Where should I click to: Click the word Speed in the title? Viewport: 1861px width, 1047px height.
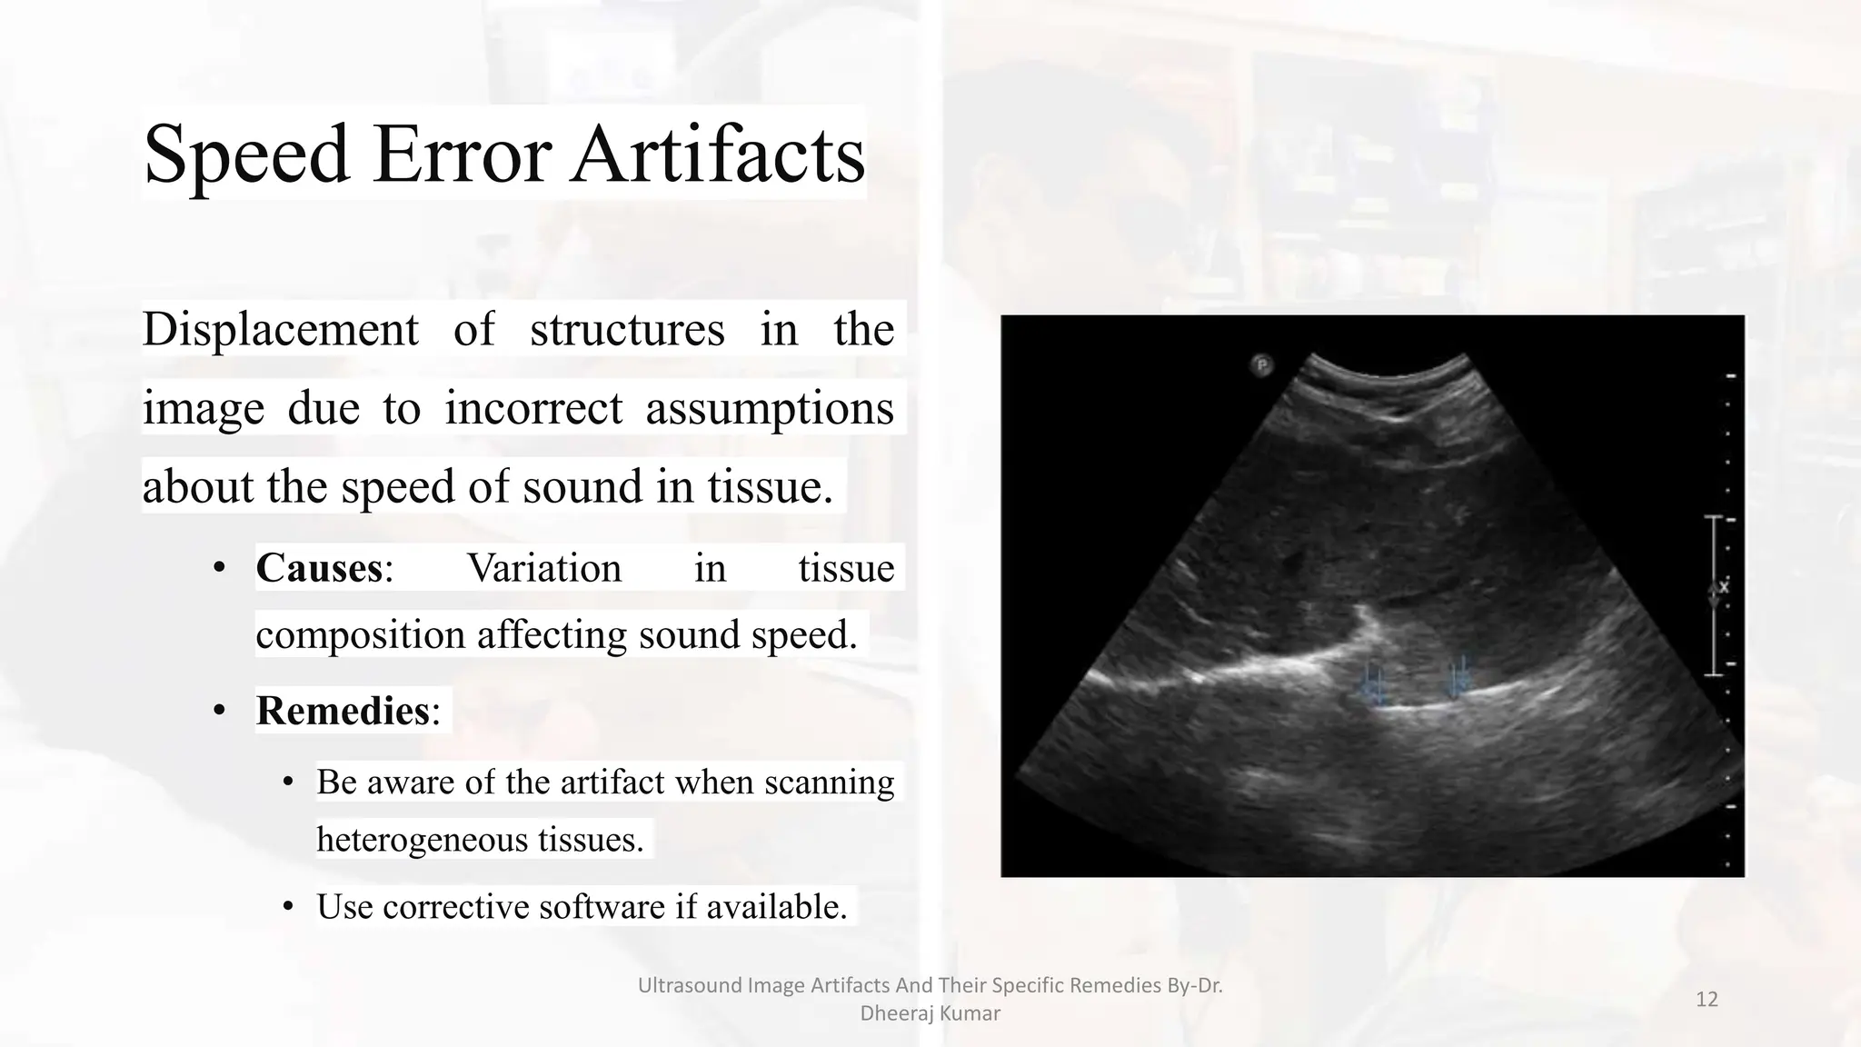[246, 155]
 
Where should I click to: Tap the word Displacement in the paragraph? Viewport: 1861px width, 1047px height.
[280, 329]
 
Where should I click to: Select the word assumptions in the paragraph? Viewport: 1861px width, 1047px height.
[769, 408]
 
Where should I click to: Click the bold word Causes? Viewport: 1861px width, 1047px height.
[319, 568]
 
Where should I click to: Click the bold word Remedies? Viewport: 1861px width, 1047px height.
[343, 711]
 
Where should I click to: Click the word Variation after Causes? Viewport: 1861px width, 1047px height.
[544, 568]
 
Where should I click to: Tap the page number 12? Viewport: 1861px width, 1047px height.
[1707, 1000]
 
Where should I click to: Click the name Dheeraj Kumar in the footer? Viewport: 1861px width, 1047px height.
[930, 1013]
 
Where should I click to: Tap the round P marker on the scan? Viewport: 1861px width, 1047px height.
[1261, 365]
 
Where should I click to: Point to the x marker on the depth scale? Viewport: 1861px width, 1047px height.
[1723, 588]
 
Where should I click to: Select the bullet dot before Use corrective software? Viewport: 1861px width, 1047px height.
[288, 907]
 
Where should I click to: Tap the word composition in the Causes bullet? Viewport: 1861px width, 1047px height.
[361, 634]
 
